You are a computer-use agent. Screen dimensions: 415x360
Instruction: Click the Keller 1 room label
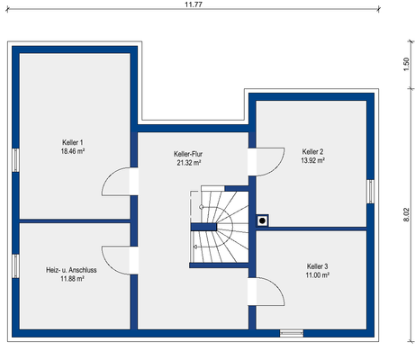tap(73, 142)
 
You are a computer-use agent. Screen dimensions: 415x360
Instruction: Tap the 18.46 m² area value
tap(73, 151)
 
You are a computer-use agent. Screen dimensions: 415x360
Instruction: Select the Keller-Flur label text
tap(188, 154)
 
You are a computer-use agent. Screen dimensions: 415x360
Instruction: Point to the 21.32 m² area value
tap(189, 163)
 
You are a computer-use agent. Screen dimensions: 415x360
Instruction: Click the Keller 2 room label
tap(312, 152)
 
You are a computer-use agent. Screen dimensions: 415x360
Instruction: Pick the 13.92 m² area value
tap(312, 160)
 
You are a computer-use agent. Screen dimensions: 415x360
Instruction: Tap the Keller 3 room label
tap(317, 266)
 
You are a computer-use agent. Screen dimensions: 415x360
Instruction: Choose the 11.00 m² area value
tap(318, 275)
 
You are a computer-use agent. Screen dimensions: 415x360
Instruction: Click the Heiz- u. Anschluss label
tap(71, 270)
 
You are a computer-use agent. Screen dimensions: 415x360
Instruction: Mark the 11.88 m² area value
tap(72, 279)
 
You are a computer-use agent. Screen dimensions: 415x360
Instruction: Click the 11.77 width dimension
tap(194, 4)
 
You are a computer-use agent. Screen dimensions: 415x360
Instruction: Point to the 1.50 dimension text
tap(406, 64)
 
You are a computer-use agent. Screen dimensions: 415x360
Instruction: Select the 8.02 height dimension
tap(406, 214)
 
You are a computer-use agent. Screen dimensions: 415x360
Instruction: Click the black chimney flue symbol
tap(262, 220)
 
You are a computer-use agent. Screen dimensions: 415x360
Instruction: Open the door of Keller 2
tap(266, 161)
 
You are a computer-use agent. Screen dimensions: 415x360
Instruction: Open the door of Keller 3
tap(266, 292)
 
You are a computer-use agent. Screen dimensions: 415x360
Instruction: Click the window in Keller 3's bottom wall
tap(292, 333)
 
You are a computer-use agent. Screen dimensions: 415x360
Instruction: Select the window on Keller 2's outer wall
tap(371, 192)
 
